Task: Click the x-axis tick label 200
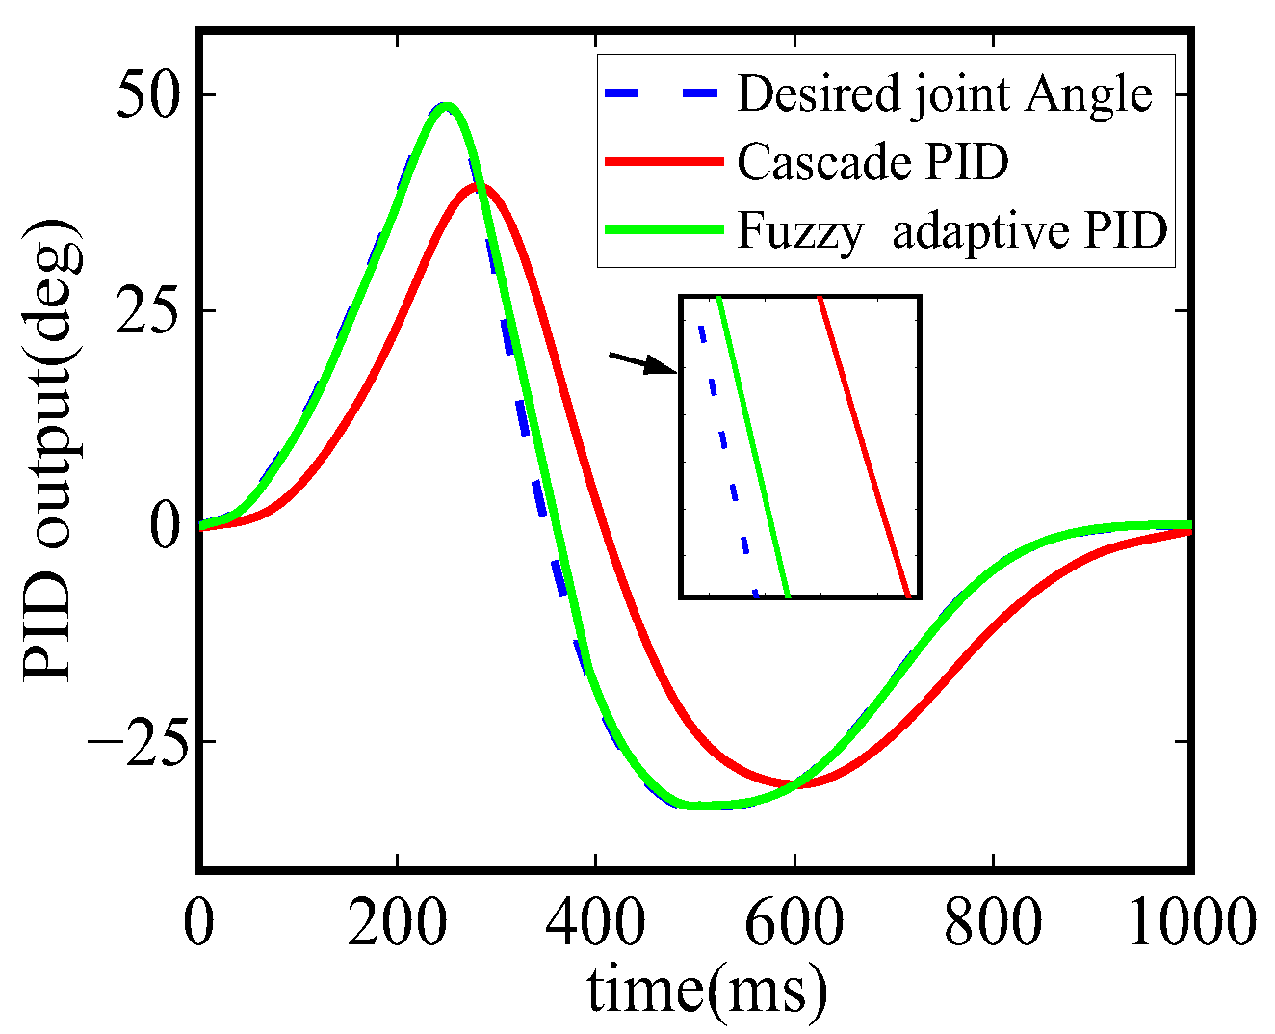(x=397, y=924)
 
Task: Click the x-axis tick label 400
(x=596, y=924)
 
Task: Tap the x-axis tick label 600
(x=794, y=924)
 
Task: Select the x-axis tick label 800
(x=993, y=924)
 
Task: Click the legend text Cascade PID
(x=872, y=162)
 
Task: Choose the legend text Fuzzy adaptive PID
(x=952, y=231)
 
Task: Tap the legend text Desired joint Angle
(x=945, y=93)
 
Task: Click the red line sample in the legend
(x=664, y=162)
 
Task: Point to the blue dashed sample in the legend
(x=664, y=93)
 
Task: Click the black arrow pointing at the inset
(x=643, y=363)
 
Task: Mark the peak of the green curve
(x=444, y=106)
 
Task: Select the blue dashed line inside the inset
(x=725, y=448)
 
